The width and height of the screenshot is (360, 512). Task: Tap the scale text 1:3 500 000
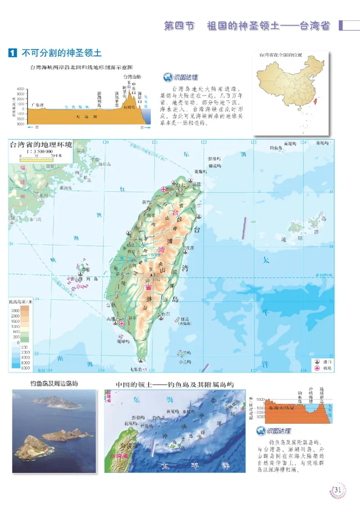click(x=36, y=152)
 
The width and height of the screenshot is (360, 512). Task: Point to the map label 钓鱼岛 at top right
click(x=275, y=148)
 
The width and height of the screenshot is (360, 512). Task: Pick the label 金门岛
click(x=35, y=220)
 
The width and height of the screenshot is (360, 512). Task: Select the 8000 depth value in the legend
click(x=13, y=368)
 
